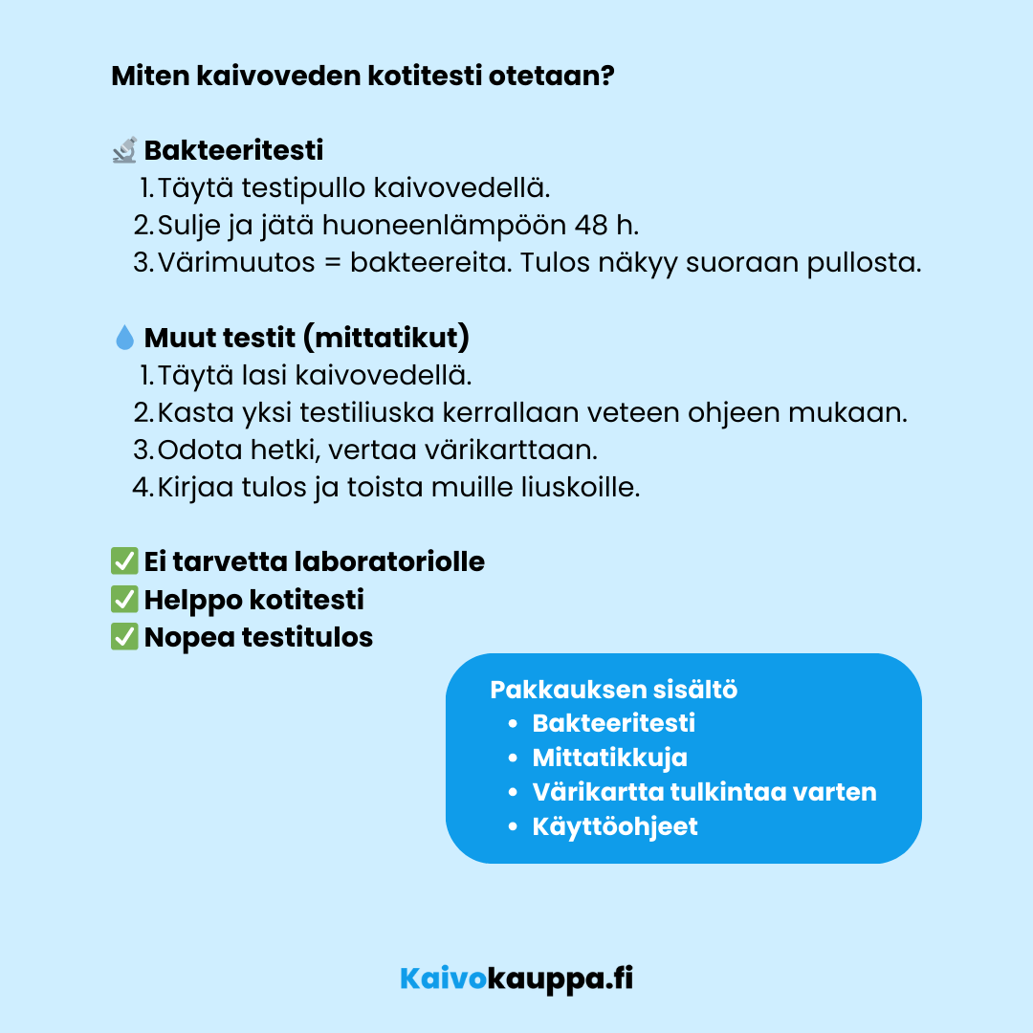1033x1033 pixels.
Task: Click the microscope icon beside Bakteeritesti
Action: click(124, 150)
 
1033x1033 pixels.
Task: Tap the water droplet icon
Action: click(124, 338)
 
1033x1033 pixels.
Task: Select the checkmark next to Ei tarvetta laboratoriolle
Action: click(124, 561)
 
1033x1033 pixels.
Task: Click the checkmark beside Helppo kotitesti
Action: click(124, 600)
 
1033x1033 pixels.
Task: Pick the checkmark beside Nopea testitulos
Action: click(124, 637)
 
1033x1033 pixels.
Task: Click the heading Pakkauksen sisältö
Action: click(613, 690)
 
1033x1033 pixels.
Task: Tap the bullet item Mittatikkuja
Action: click(609, 758)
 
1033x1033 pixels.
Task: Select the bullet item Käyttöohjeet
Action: click(615, 826)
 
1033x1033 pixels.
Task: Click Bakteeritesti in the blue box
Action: click(613, 723)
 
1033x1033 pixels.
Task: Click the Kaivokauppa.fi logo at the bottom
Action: click(516, 978)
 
